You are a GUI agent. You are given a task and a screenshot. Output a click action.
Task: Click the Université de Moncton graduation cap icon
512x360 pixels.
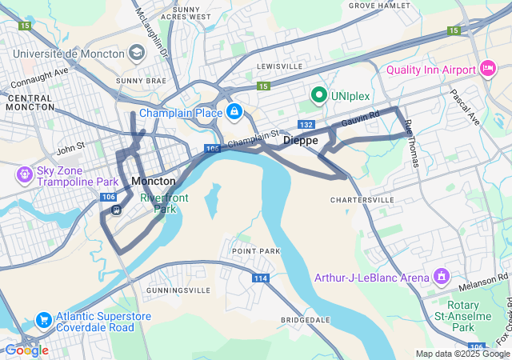pos(137,54)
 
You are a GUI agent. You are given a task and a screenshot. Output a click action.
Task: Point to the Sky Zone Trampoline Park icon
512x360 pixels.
pos(25,174)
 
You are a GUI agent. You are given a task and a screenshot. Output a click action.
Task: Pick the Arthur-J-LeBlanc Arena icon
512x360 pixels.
pos(440,278)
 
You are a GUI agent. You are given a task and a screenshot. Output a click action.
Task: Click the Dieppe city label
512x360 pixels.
pos(301,140)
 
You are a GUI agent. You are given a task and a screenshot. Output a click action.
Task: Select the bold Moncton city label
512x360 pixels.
pos(153,182)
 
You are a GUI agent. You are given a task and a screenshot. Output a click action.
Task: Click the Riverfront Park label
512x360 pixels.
pos(158,203)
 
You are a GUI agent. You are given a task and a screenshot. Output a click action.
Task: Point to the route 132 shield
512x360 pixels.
pos(306,125)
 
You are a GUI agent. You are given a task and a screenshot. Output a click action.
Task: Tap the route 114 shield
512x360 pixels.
pos(260,278)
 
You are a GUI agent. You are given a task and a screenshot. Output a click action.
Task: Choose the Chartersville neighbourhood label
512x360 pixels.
pos(362,199)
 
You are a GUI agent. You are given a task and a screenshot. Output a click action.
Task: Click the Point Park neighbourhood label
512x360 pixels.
pos(256,251)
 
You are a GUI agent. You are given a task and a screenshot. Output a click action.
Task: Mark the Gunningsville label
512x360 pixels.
pos(178,290)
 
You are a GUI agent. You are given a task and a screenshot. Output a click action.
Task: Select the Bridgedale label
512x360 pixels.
pos(306,320)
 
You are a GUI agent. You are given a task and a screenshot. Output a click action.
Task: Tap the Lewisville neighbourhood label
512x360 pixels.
pos(280,66)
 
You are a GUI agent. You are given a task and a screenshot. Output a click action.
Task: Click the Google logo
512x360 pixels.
pos(26,350)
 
